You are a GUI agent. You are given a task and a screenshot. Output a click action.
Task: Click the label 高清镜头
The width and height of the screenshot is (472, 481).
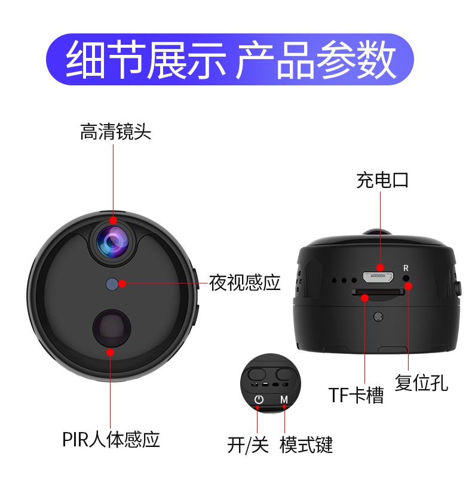point(115,132)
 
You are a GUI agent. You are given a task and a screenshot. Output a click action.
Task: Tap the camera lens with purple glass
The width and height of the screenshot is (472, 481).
point(113,242)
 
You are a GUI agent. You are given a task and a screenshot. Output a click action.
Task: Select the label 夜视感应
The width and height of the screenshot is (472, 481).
point(245,282)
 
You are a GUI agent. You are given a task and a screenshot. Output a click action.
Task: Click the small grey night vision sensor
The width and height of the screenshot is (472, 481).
point(112,284)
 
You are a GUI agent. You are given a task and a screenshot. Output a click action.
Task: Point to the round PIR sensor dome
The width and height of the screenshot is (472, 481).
point(112,328)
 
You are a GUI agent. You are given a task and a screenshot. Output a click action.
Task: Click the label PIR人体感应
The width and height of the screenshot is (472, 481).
point(111,439)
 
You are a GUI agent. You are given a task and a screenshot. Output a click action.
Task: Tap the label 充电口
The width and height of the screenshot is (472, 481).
point(382,180)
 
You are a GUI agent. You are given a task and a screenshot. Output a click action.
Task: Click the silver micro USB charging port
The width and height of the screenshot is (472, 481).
point(378,277)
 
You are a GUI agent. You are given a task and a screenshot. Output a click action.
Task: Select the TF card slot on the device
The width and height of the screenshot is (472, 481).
point(378,292)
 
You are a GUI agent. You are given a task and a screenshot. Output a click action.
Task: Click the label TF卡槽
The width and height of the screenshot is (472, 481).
point(356,395)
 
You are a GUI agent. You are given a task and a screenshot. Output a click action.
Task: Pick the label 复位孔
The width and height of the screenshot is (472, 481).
point(421,383)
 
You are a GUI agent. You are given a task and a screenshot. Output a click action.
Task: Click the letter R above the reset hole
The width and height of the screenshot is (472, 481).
point(406,268)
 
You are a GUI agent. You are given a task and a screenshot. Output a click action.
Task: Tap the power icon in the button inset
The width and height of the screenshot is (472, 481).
point(259,399)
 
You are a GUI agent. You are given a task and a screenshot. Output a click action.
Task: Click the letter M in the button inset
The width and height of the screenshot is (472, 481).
point(284,399)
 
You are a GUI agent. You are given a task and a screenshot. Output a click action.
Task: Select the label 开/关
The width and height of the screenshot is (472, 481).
point(248,445)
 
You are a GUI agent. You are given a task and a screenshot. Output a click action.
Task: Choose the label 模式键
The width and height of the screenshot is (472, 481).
point(306,445)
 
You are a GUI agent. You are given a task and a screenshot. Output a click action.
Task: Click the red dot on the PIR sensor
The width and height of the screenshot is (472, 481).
point(111,352)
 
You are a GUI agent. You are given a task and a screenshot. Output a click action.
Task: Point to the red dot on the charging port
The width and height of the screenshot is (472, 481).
point(380,267)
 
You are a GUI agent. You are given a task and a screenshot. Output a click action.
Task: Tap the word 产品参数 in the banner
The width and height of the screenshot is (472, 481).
point(315,60)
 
